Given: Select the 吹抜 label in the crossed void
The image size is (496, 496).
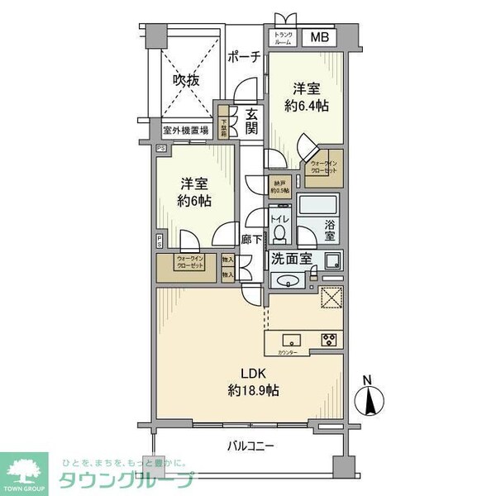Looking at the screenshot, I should (x=185, y=80).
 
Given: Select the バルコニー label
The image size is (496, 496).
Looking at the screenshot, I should (x=251, y=446).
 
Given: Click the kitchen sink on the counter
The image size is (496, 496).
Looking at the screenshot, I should (x=291, y=339).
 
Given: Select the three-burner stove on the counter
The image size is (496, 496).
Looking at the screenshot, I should (x=329, y=339).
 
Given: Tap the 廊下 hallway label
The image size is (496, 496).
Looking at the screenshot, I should (x=251, y=239).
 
